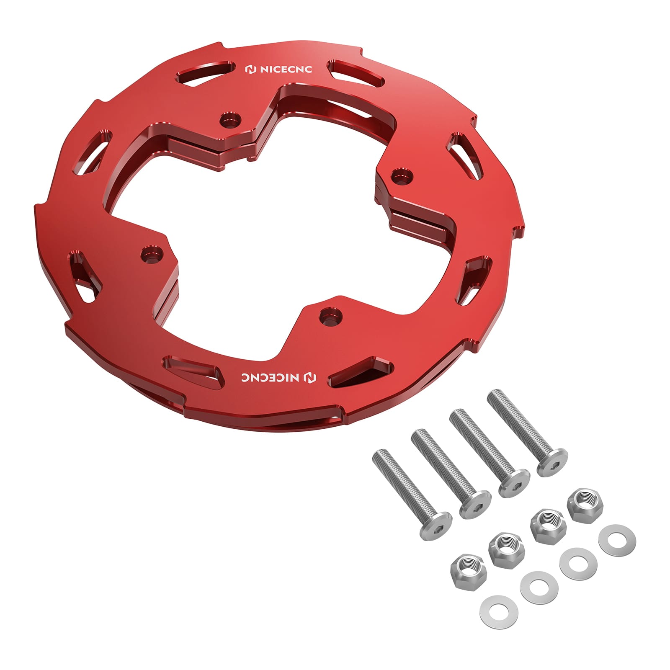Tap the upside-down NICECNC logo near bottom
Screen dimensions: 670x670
(279, 377)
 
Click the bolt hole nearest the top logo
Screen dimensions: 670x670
(231, 120)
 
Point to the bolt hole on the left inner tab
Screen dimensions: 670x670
(152, 253)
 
